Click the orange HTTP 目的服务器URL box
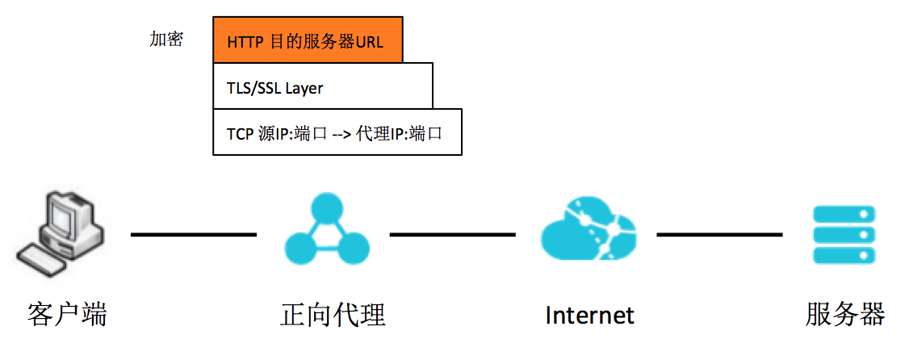point(308,40)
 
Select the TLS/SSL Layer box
point(323,86)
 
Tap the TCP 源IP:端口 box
point(337,132)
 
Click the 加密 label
point(166,40)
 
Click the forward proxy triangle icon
point(327,233)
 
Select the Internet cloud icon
point(587,233)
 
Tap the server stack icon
point(844,234)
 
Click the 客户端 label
point(67,314)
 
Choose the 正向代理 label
point(333,314)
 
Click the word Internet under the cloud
point(590,315)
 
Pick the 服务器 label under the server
point(845,314)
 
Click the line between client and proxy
point(194,235)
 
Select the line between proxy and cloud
point(453,235)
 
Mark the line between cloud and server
point(719,235)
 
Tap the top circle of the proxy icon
point(327,208)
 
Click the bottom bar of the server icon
point(844,255)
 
